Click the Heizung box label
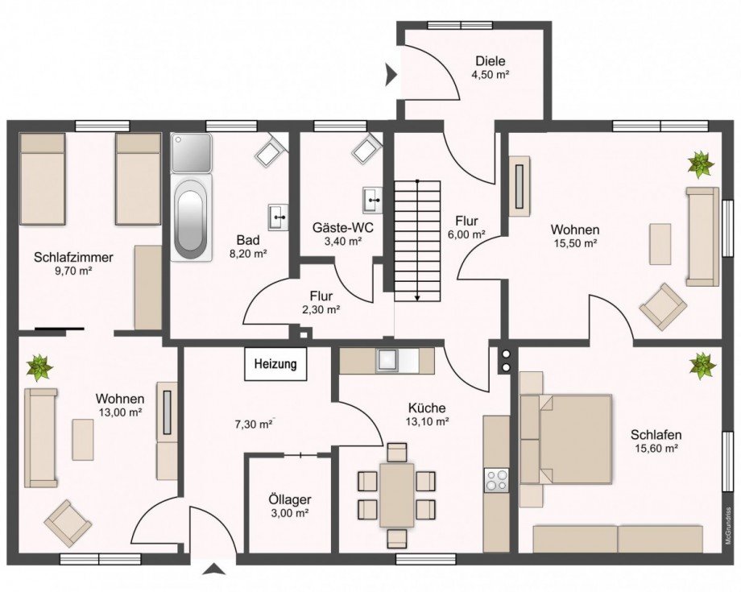tap(275, 364)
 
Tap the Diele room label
tap(491, 61)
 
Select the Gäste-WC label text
tap(343, 228)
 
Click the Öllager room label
tap(290, 499)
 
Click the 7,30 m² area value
tap(254, 424)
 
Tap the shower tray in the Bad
tap(191, 152)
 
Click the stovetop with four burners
tap(496, 480)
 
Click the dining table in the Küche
tap(397, 495)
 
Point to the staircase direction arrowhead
tap(418, 298)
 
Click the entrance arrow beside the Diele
tap(391, 75)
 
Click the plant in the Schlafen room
tap(702, 366)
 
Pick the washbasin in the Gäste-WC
tap(372, 200)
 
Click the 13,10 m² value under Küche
tap(426, 421)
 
